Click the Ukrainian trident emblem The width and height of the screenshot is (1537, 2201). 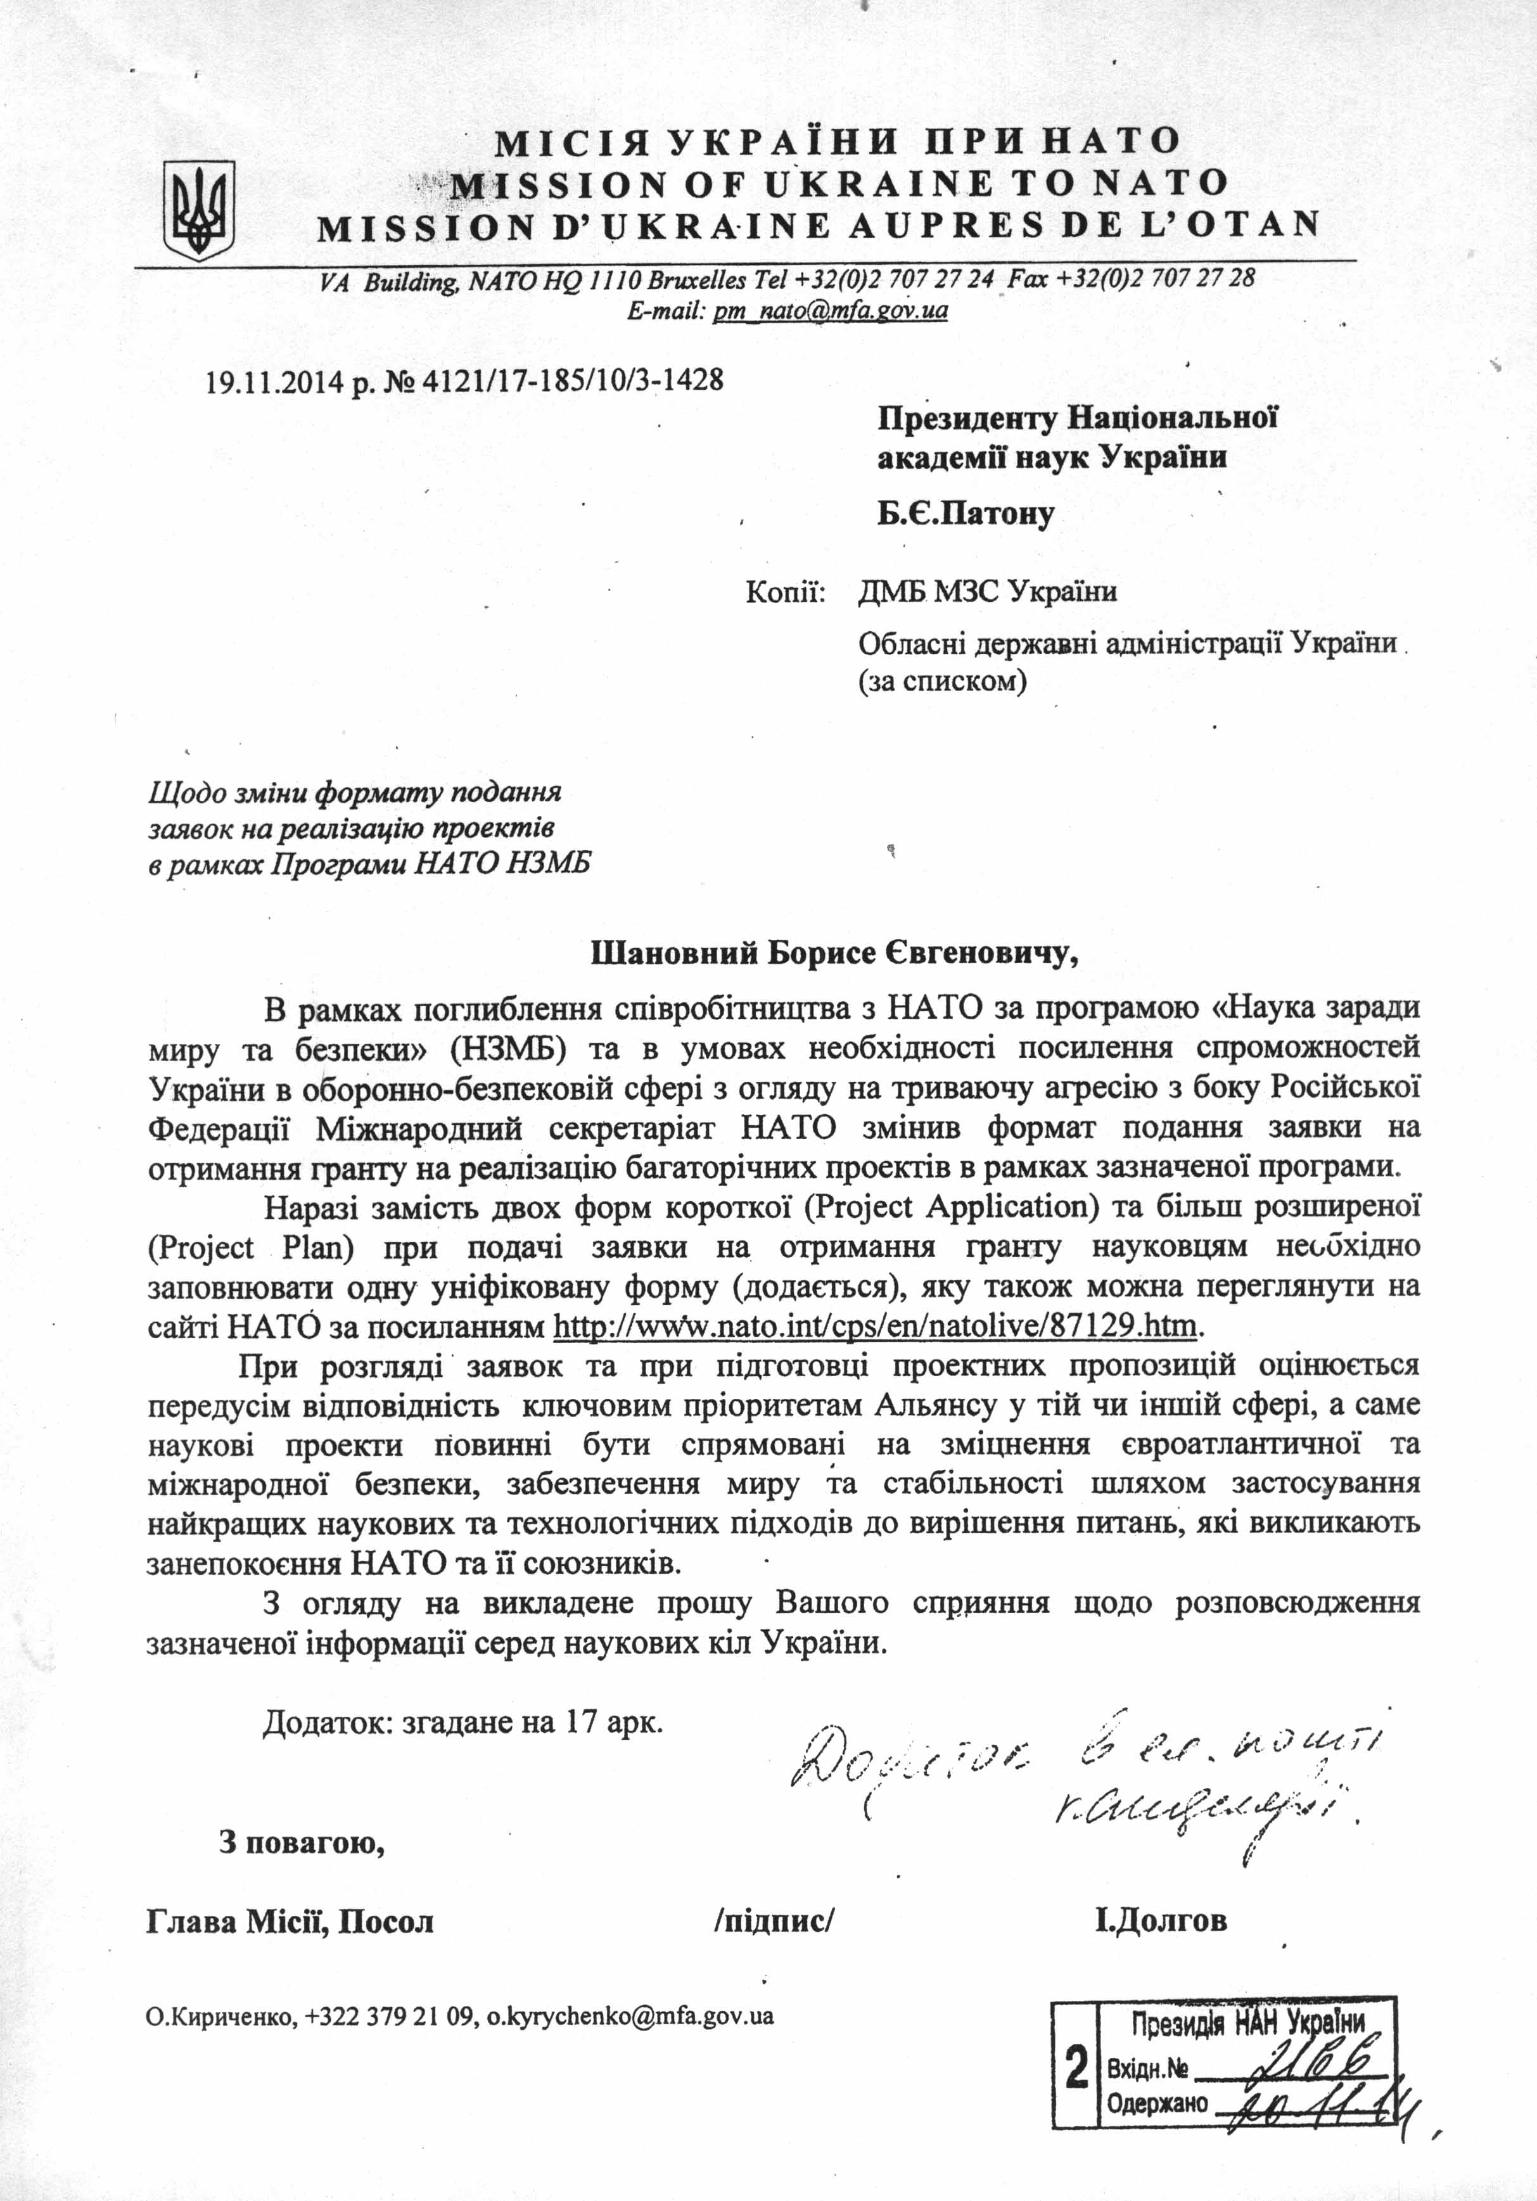pos(200,210)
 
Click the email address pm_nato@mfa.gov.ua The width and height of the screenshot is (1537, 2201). pos(831,310)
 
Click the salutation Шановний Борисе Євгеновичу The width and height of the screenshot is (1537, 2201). pos(832,954)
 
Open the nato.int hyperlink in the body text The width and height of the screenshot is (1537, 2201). pos(876,1327)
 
